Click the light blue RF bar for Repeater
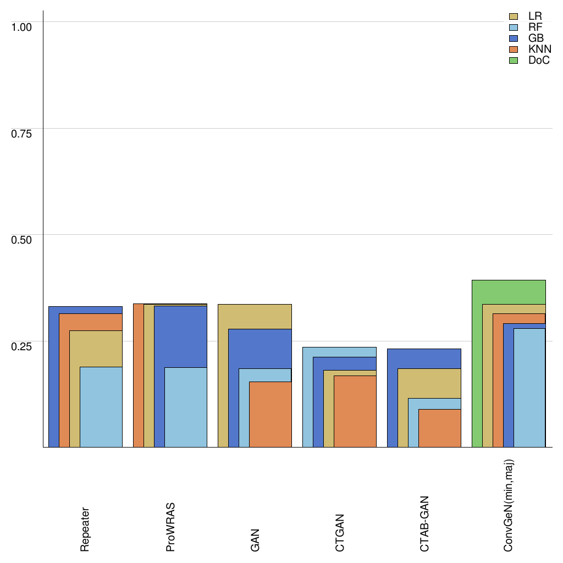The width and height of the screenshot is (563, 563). click(x=101, y=407)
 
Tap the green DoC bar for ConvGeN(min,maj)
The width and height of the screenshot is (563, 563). click(x=477, y=363)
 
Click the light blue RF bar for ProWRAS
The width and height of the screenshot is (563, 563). click(x=186, y=407)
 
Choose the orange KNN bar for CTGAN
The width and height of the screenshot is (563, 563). click(x=355, y=411)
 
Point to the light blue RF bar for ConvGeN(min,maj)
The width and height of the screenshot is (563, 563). click(x=529, y=388)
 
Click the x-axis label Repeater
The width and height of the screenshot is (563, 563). click(x=85, y=529)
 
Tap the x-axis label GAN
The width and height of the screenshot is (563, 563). click(x=255, y=540)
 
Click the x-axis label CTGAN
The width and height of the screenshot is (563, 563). click(x=339, y=533)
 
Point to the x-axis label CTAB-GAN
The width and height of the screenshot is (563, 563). click(x=424, y=524)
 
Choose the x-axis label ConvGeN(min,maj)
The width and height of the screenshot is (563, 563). click(x=509, y=505)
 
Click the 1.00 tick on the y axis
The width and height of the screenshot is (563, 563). click(x=23, y=26)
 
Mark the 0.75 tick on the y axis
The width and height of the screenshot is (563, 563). click(x=23, y=133)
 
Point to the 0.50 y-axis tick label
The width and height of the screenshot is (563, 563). click(x=23, y=239)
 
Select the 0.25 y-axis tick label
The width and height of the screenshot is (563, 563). click(x=23, y=346)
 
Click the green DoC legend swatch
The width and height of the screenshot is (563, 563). click(x=514, y=60)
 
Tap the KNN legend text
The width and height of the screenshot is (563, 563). click(x=539, y=49)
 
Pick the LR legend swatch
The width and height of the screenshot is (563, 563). click(x=514, y=16)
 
